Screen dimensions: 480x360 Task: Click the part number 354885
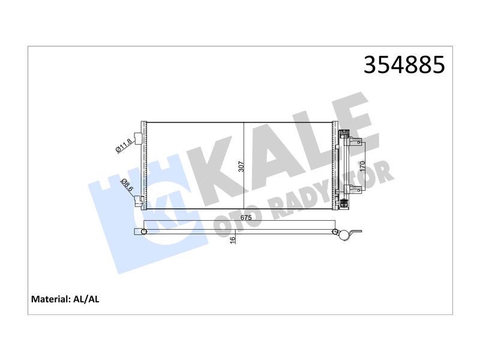pyautogui.click(x=404, y=65)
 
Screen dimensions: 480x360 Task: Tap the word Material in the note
pyautogui.click(x=50, y=299)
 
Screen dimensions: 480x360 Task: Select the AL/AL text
pyautogui.click(x=86, y=299)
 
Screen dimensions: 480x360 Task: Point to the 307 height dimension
pyautogui.click(x=242, y=167)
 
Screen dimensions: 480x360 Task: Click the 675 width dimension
pyautogui.click(x=246, y=218)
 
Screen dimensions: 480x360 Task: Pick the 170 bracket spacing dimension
pyautogui.click(x=362, y=166)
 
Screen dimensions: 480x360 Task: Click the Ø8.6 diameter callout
pyautogui.click(x=127, y=185)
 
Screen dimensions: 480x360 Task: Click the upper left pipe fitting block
pyautogui.click(x=139, y=139)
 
